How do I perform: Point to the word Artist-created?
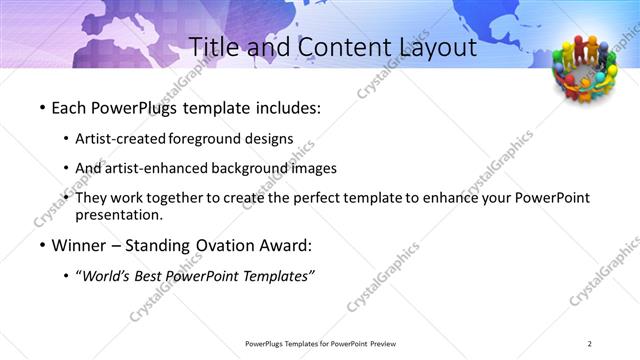pyautogui.click(x=121, y=139)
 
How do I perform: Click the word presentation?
pyautogui.click(x=118, y=215)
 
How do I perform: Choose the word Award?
pyautogui.click(x=285, y=246)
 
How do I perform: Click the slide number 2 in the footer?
pyautogui.click(x=590, y=344)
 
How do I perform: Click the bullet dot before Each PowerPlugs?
pyautogui.click(x=41, y=108)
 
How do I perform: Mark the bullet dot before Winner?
pyautogui.click(x=41, y=246)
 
